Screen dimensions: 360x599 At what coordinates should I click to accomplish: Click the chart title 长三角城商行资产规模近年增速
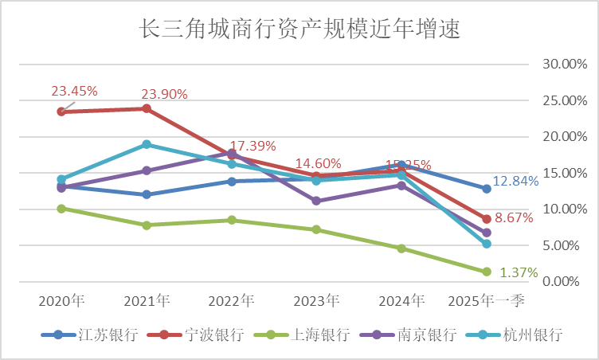coord(300,29)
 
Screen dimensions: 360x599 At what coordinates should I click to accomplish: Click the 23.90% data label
coord(164,94)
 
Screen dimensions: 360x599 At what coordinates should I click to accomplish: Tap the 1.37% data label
coord(519,272)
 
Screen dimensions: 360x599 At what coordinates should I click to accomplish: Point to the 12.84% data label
coord(515,181)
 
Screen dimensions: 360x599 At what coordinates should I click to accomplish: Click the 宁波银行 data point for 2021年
coord(147,108)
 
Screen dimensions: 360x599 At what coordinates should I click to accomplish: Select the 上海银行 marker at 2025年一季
coord(486,272)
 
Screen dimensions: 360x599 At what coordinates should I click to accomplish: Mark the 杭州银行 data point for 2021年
coord(147,144)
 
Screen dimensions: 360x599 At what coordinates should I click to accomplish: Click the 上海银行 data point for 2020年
coord(61,209)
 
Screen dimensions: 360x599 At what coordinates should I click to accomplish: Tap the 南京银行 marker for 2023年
coord(316,201)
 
